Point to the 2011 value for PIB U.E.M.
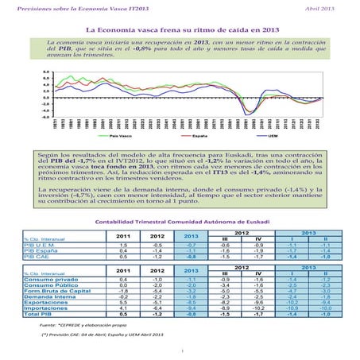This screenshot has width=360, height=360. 122,246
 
